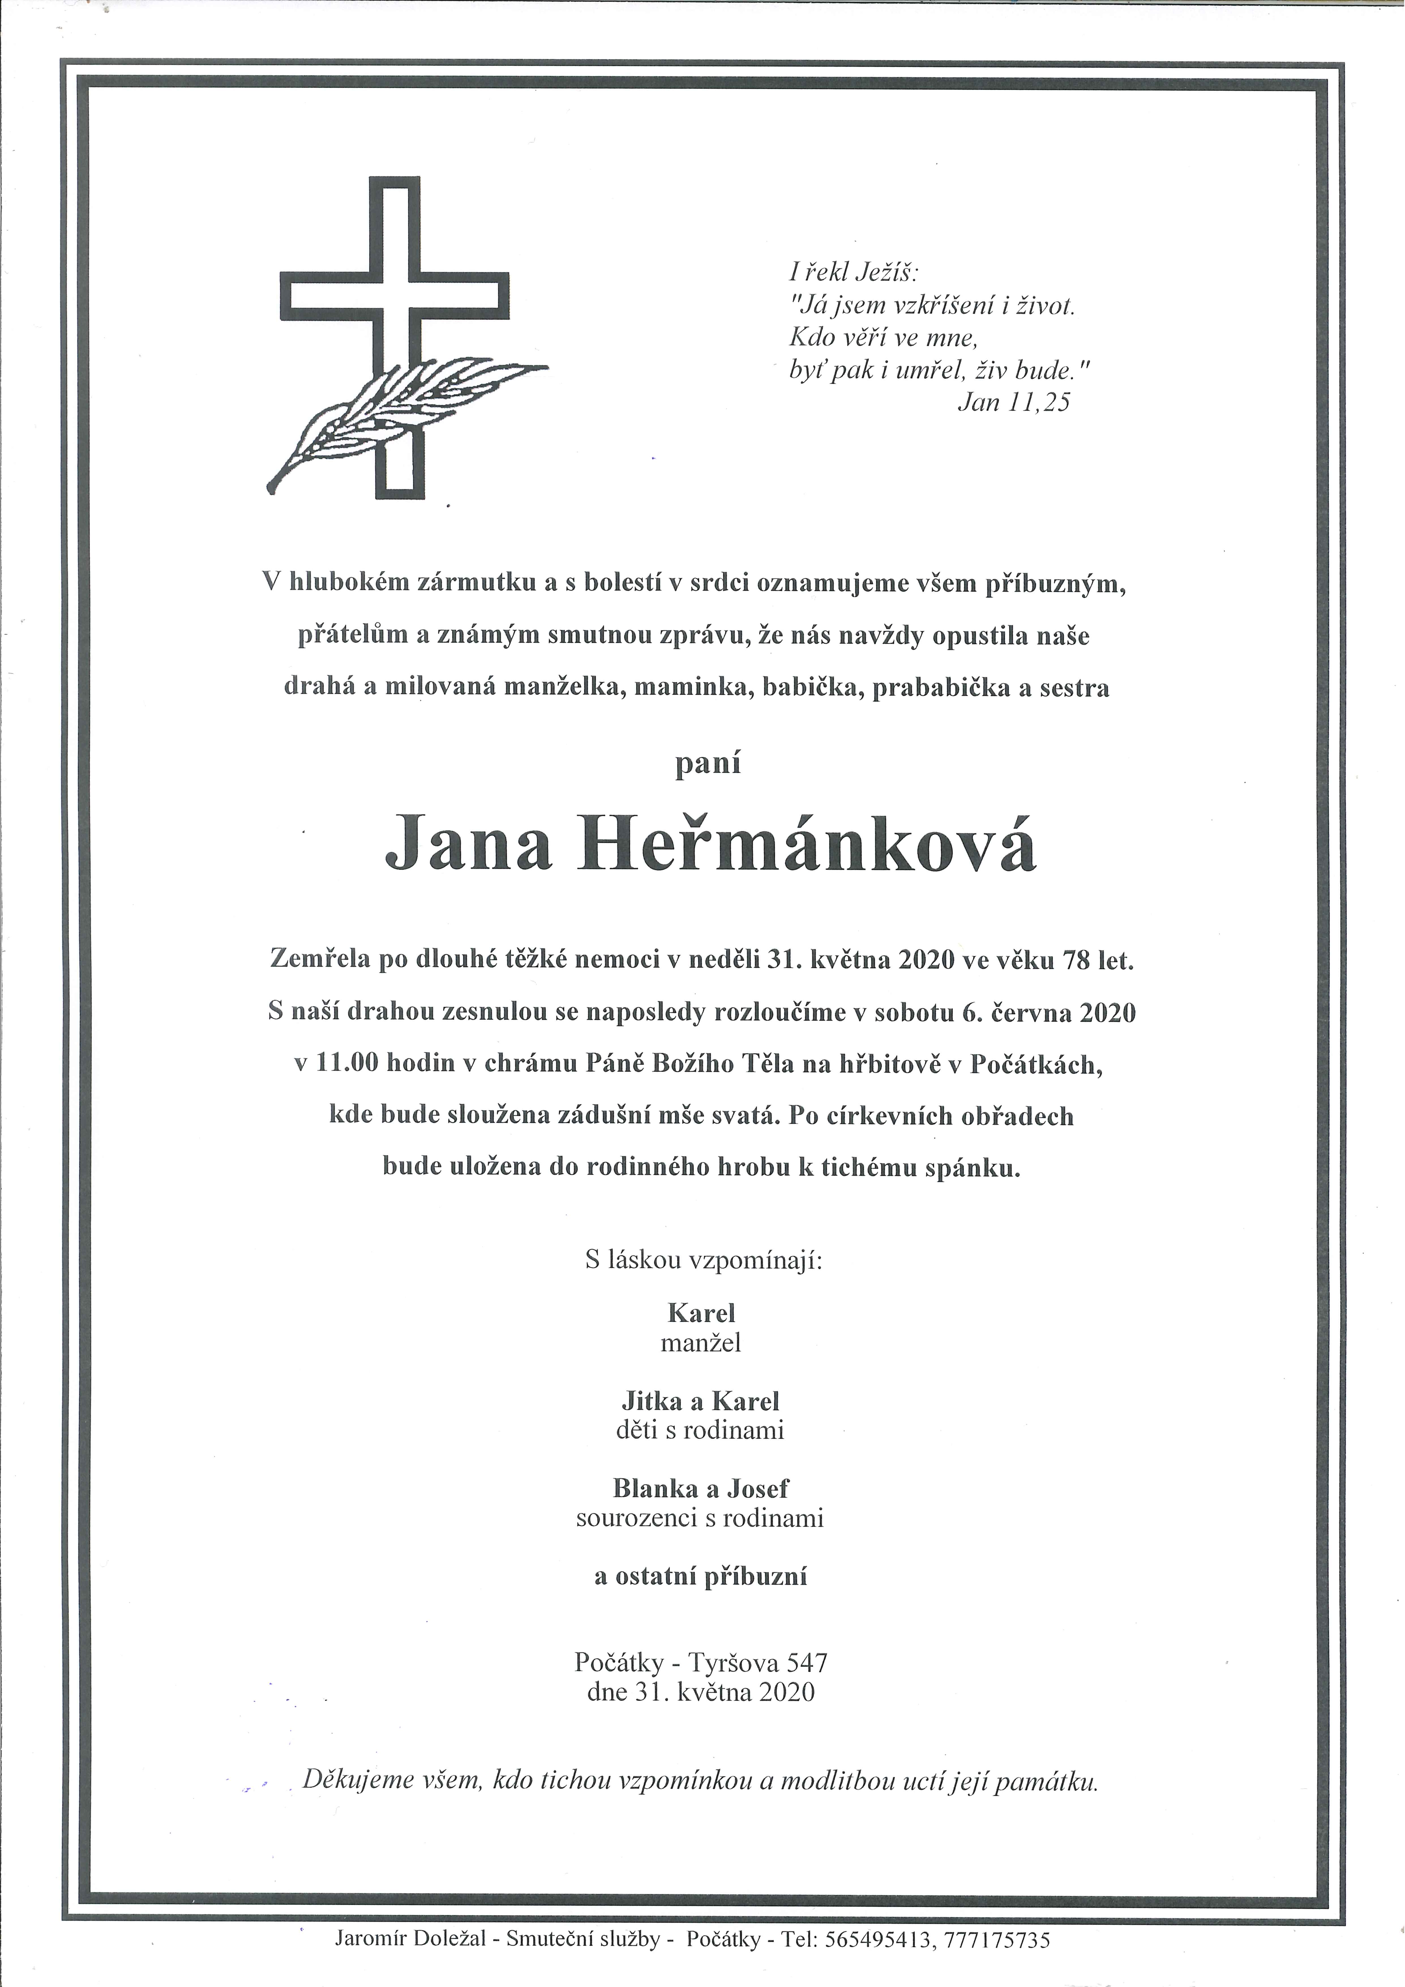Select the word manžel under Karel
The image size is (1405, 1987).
(701, 1343)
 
